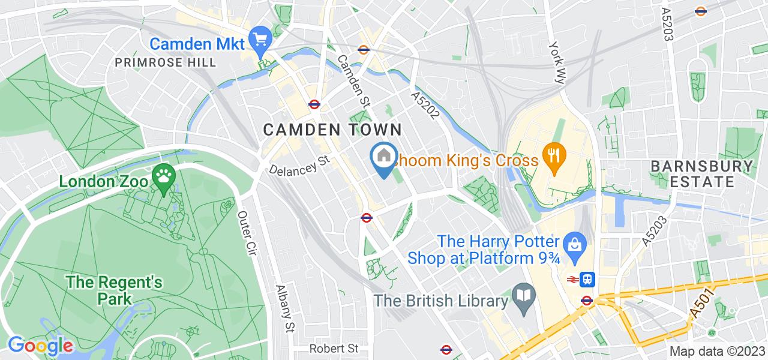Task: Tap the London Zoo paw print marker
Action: (163, 176)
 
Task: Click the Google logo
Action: (40, 346)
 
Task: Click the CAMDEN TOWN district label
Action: (332, 129)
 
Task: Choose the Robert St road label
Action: (334, 348)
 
